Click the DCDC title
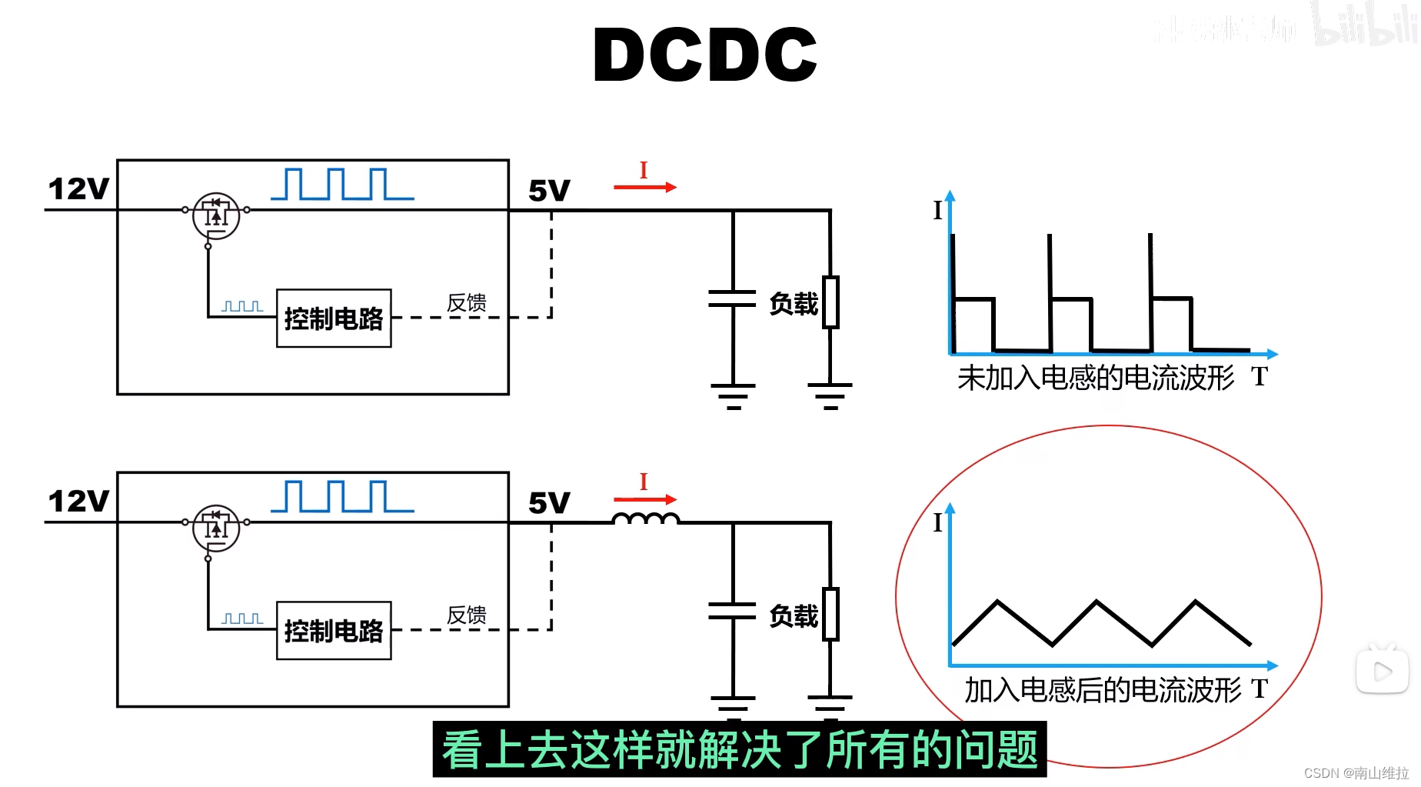704,55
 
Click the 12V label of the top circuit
78,189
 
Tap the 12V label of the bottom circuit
78,502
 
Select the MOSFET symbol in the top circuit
216,215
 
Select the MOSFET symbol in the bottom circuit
216,528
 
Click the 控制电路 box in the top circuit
334,318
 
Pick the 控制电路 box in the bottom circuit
334,631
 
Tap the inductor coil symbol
646,520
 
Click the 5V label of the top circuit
549,191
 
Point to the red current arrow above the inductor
644,499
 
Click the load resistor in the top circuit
830,302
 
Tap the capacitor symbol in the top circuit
733,299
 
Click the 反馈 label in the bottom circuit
467,615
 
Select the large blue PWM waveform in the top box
342,185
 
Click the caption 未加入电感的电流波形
1095,378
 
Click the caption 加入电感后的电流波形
1103,690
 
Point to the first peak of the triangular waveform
997,602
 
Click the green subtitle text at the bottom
740,749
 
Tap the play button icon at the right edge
1382,672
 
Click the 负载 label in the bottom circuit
794,616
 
